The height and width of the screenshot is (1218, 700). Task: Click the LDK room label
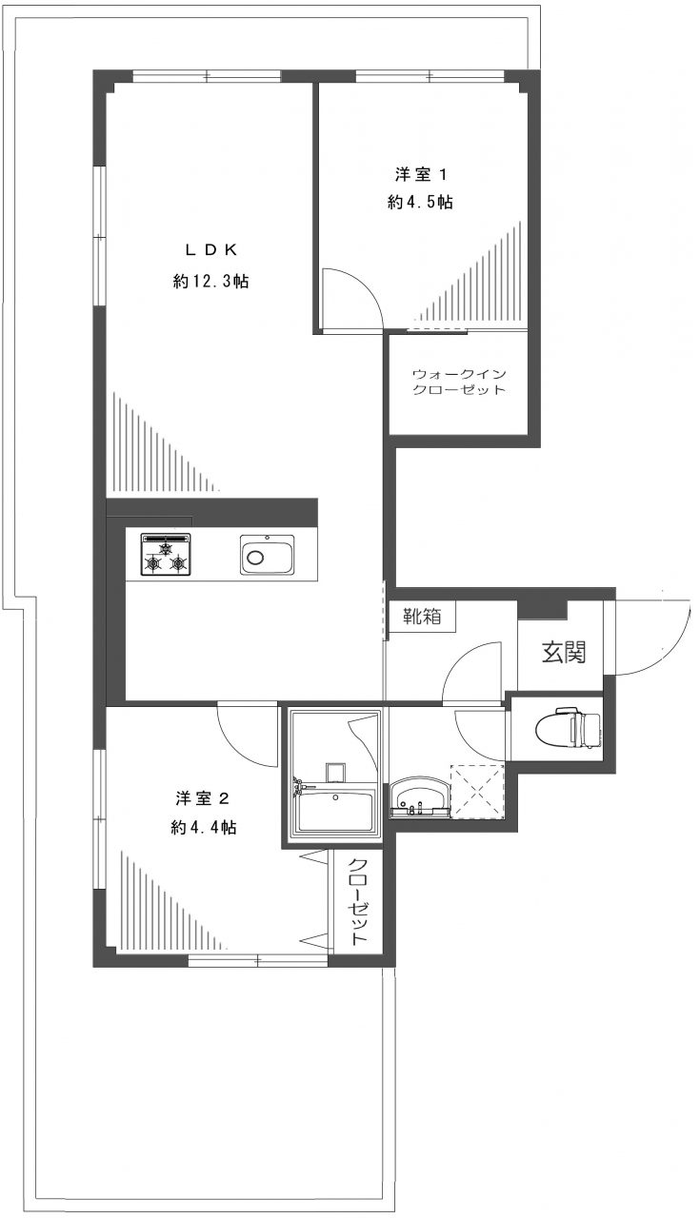click(x=210, y=249)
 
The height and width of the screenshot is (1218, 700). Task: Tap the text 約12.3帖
click(x=210, y=282)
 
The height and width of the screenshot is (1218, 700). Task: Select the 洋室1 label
click(x=420, y=174)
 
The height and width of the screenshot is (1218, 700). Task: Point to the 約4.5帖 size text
click(x=420, y=203)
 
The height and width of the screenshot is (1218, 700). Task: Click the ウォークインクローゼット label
click(x=458, y=382)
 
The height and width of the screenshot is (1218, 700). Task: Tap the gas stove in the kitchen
click(x=166, y=555)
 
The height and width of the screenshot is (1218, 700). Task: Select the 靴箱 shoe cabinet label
click(x=422, y=617)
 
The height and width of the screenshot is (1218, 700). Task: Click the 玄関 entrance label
click(x=564, y=653)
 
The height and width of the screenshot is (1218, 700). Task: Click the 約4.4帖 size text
click(x=204, y=828)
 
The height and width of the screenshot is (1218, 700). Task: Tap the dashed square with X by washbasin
click(x=476, y=790)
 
